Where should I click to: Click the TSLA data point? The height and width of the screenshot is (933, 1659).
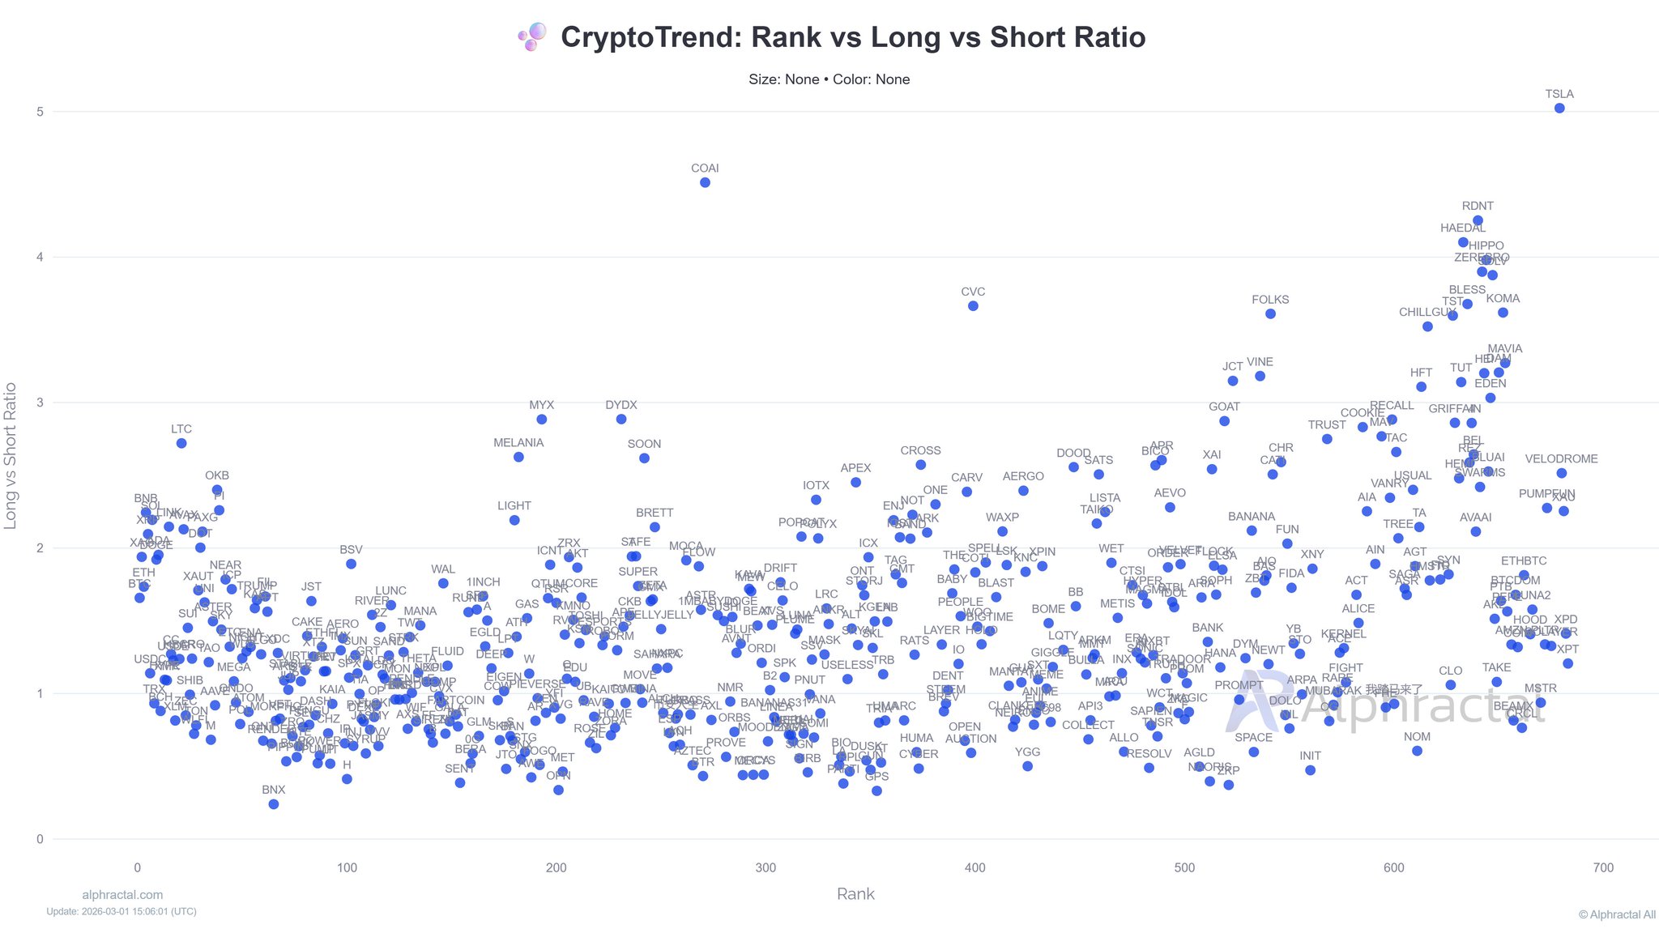1559,109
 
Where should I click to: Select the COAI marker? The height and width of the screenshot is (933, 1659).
705,183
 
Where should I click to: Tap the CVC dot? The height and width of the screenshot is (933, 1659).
973,306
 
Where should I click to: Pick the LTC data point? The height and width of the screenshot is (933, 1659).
181,443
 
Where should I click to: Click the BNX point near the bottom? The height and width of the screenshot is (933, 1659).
274,804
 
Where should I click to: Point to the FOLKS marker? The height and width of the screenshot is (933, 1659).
1270,314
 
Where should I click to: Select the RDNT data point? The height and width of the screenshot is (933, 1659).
1478,220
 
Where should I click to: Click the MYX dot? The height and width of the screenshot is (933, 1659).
542,420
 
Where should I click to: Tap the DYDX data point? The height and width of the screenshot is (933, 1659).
621,420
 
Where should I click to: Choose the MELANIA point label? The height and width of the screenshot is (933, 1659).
518,443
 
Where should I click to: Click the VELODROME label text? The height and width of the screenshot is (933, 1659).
1561,459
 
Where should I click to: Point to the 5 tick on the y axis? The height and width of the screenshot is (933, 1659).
40,112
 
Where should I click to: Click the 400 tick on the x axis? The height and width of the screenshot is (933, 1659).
975,868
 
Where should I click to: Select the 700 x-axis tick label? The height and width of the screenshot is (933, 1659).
1603,868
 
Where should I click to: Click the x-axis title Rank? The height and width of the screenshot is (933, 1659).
855,894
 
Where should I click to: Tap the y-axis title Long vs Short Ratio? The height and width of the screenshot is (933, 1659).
11,456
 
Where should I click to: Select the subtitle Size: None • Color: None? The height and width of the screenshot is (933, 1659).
829,79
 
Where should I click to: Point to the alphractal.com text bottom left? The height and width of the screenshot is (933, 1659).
122,895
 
